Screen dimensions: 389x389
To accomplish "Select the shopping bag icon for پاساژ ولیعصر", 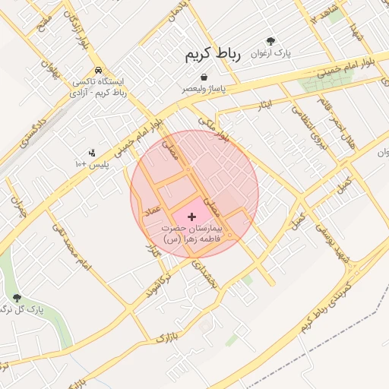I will pyautogui.click(x=204, y=77).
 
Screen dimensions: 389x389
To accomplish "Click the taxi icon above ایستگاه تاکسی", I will pyautogui.click(x=99, y=69).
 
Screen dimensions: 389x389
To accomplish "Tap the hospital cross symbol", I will pyautogui.click(x=191, y=217).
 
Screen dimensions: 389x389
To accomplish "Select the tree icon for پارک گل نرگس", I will pyautogui.click(x=17, y=298).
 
